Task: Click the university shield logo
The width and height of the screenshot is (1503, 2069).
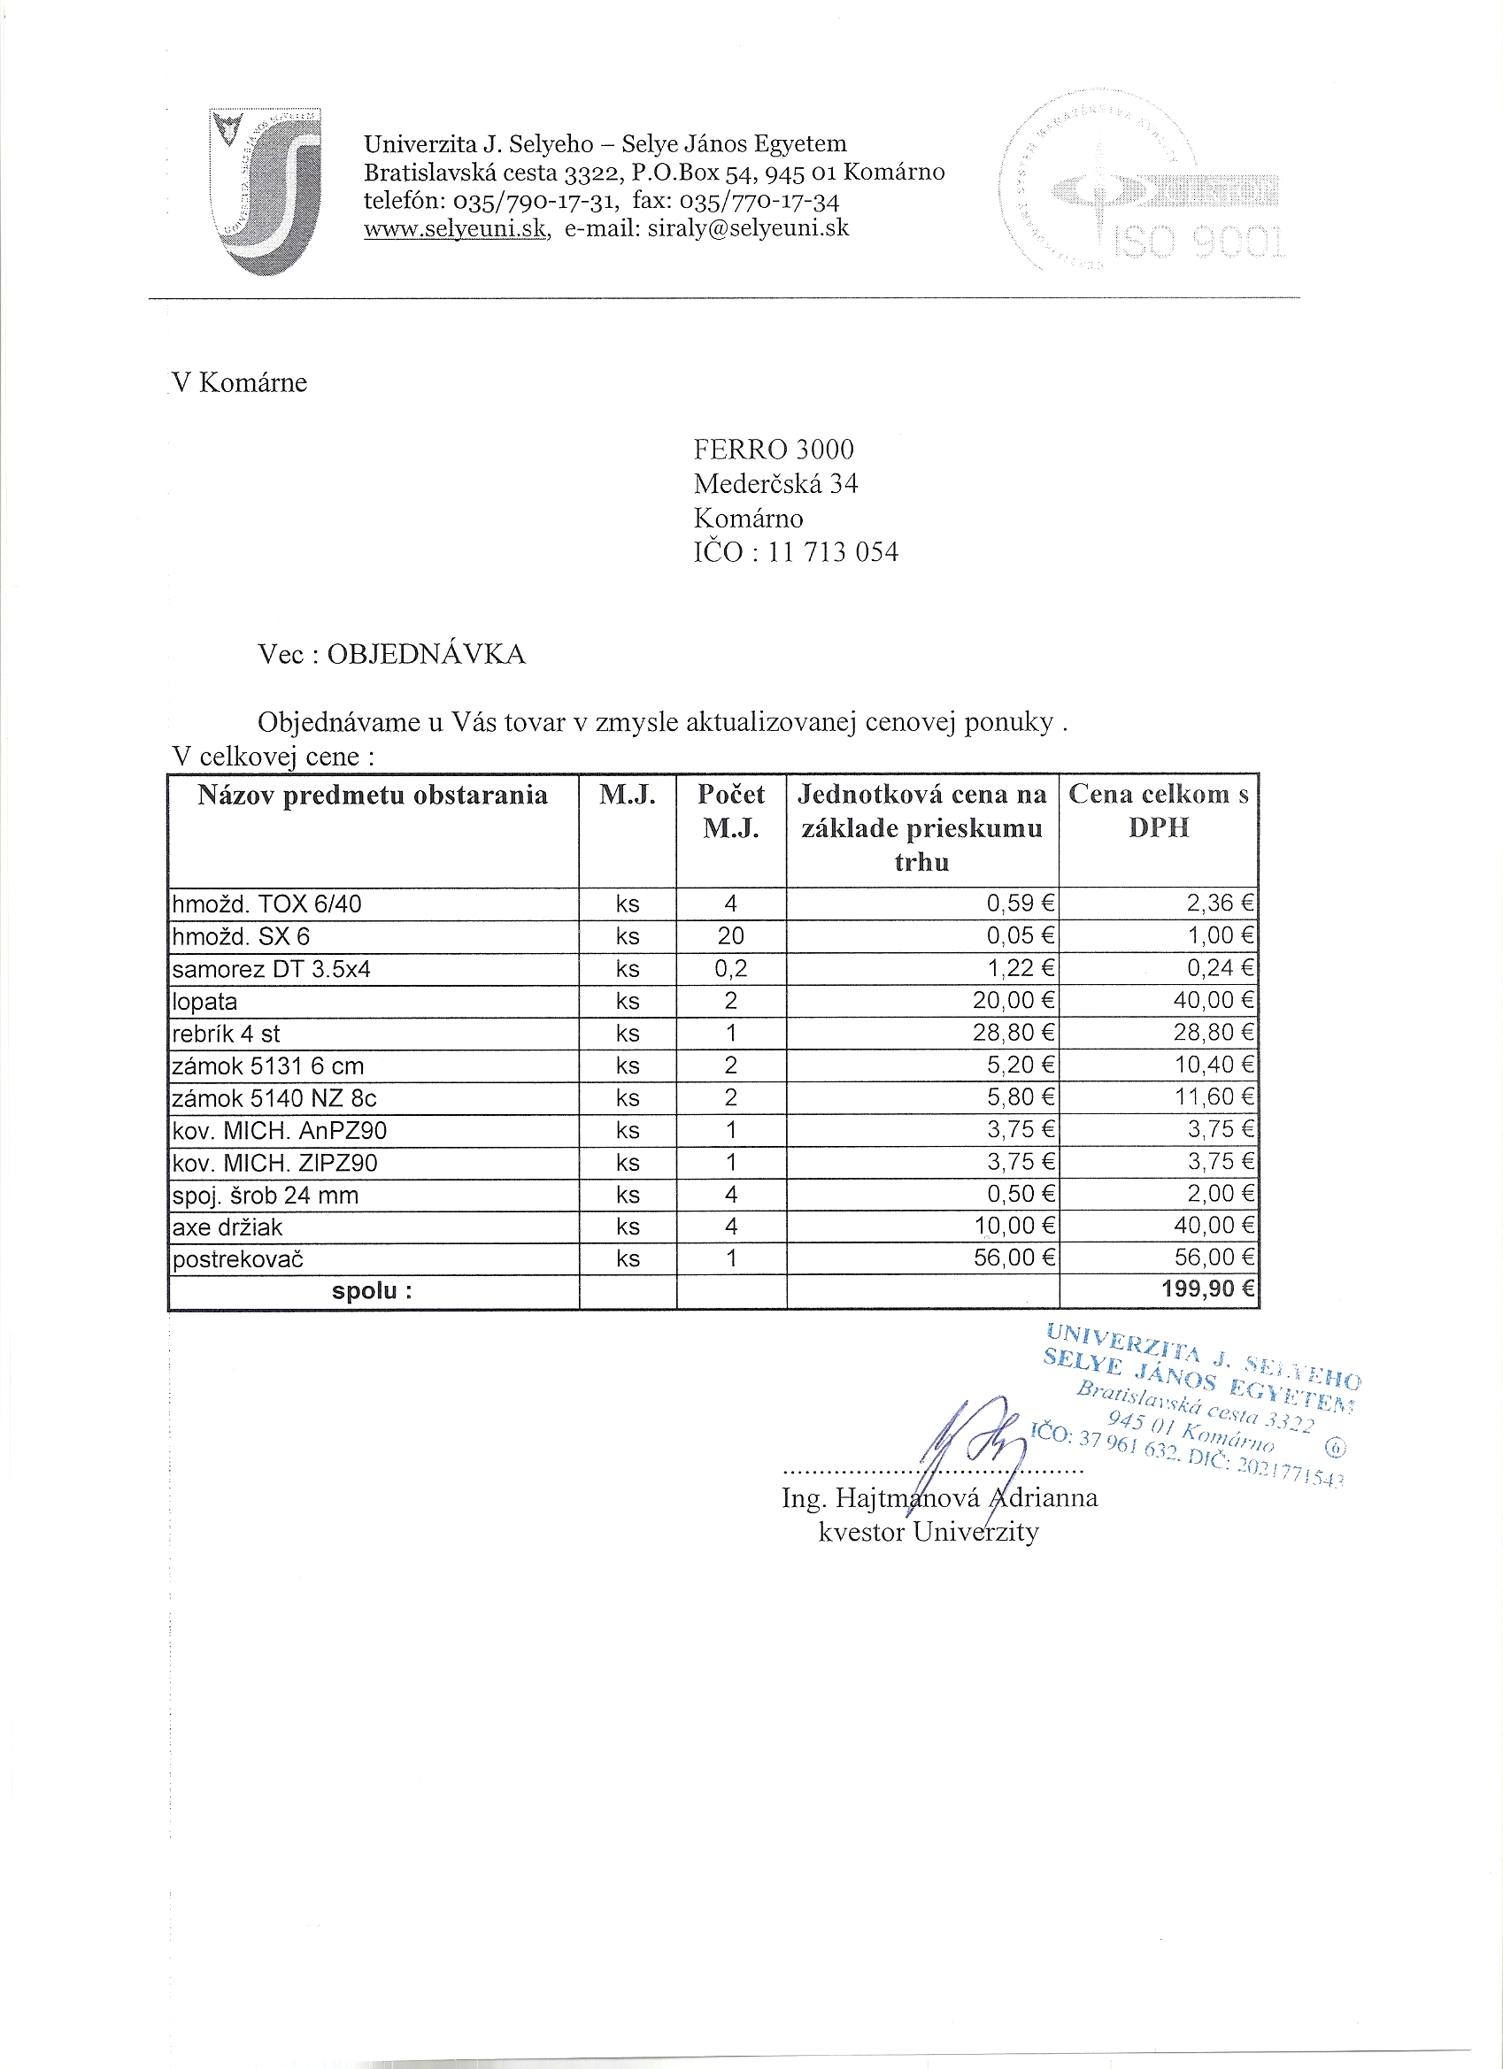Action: (x=265, y=191)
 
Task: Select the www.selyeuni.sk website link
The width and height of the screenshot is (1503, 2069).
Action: (x=455, y=229)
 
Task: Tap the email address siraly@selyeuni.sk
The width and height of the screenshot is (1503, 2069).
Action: (x=748, y=228)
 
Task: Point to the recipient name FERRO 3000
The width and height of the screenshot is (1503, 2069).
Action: (x=774, y=450)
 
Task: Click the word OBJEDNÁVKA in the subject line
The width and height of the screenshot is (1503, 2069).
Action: (x=426, y=654)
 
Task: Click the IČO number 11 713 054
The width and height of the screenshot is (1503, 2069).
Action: (x=832, y=552)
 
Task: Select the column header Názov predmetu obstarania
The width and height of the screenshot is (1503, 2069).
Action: (x=373, y=796)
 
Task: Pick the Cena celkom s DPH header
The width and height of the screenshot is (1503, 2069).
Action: (x=1158, y=810)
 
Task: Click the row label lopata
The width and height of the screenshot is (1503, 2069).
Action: (x=204, y=1002)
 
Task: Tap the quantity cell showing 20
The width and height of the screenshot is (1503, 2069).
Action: (x=730, y=936)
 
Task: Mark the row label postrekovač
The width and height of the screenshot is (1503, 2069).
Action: (x=238, y=1260)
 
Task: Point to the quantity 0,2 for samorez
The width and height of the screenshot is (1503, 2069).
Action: (x=730, y=969)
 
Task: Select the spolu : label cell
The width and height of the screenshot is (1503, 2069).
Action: (x=373, y=1291)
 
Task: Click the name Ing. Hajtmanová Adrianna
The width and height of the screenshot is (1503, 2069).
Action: (x=939, y=1498)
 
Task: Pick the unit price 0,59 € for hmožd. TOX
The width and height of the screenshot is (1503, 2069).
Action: (x=1021, y=904)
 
